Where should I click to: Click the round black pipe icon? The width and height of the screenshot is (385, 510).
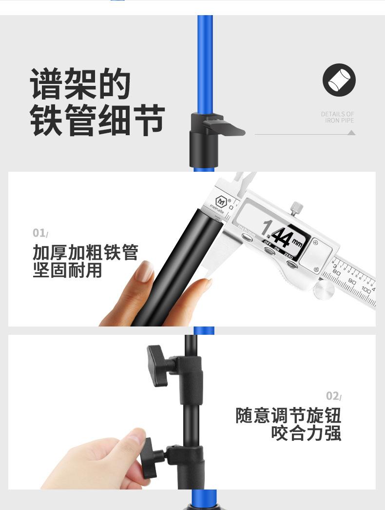tap(339, 80)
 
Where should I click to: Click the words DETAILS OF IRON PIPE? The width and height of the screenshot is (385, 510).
tap(337, 117)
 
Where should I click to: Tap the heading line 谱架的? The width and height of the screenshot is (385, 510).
tap(80, 84)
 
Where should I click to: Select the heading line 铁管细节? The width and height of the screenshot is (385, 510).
tap(97, 120)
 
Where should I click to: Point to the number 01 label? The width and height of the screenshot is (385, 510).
tap(39, 233)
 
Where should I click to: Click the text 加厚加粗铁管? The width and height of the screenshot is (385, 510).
tap(85, 253)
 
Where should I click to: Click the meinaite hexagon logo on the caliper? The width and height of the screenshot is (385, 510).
tap(222, 201)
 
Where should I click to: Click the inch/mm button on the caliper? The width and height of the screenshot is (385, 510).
tap(248, 236)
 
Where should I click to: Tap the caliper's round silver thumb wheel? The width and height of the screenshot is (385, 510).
tap(325, 290)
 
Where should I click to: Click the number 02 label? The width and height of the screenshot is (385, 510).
tap(333, 395)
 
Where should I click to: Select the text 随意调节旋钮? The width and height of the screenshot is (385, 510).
tap(288, 416)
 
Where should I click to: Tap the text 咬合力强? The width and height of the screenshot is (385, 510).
tap(306, 433)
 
